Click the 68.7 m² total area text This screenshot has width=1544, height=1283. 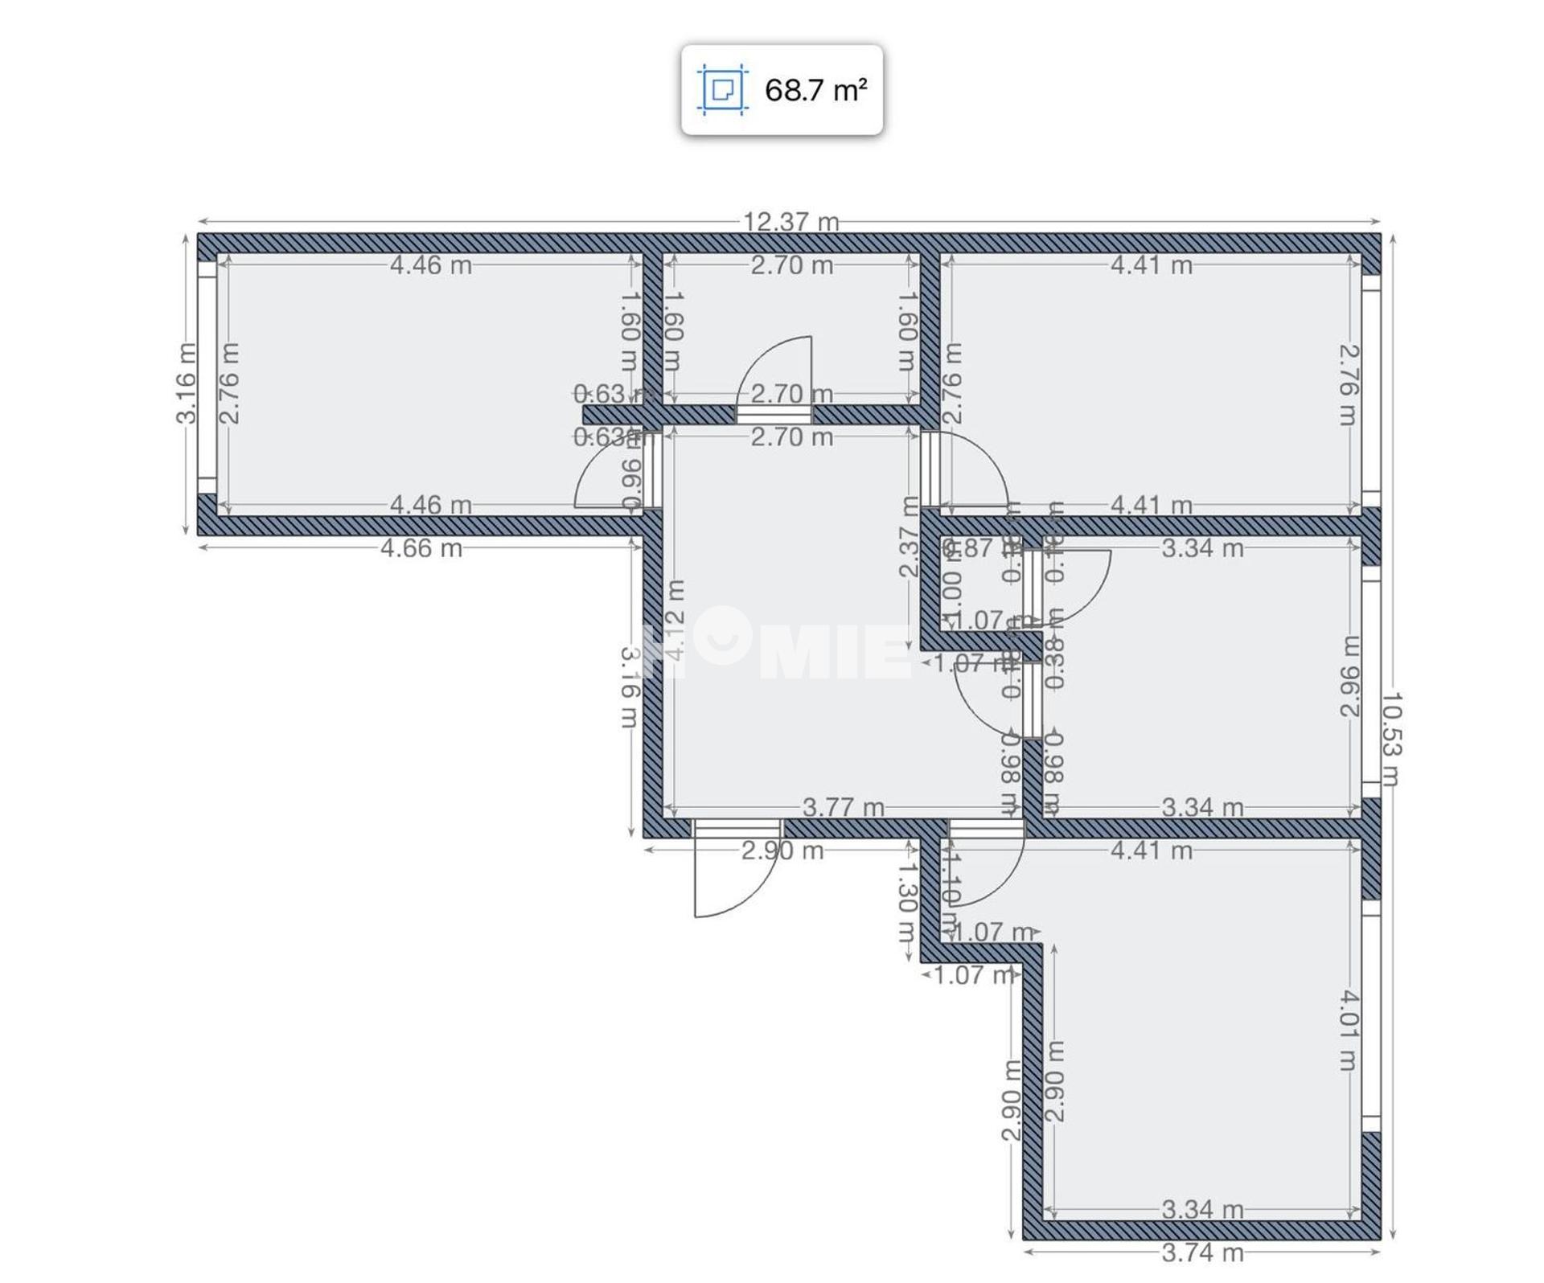(x=815, y=90)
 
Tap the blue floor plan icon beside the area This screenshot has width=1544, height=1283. (x=722, y=89)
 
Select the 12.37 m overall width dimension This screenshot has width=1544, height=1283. (x=790, y=222)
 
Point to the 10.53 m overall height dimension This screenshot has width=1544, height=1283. (x=1391, y=739)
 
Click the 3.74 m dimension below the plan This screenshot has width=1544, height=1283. (x=1202, y=1252)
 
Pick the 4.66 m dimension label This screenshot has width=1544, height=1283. (x=421, y=548)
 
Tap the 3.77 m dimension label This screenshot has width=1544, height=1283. (x=843, y=807)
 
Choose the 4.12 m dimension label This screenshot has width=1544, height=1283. (x=675, y=621)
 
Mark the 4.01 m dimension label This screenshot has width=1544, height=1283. (x=1349, y=1031)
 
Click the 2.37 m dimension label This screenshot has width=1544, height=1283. (x=909, y=536)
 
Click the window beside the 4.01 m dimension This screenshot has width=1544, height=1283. (x=1371, y=1016)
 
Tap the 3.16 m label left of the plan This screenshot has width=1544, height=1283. (x=186, y=383)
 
